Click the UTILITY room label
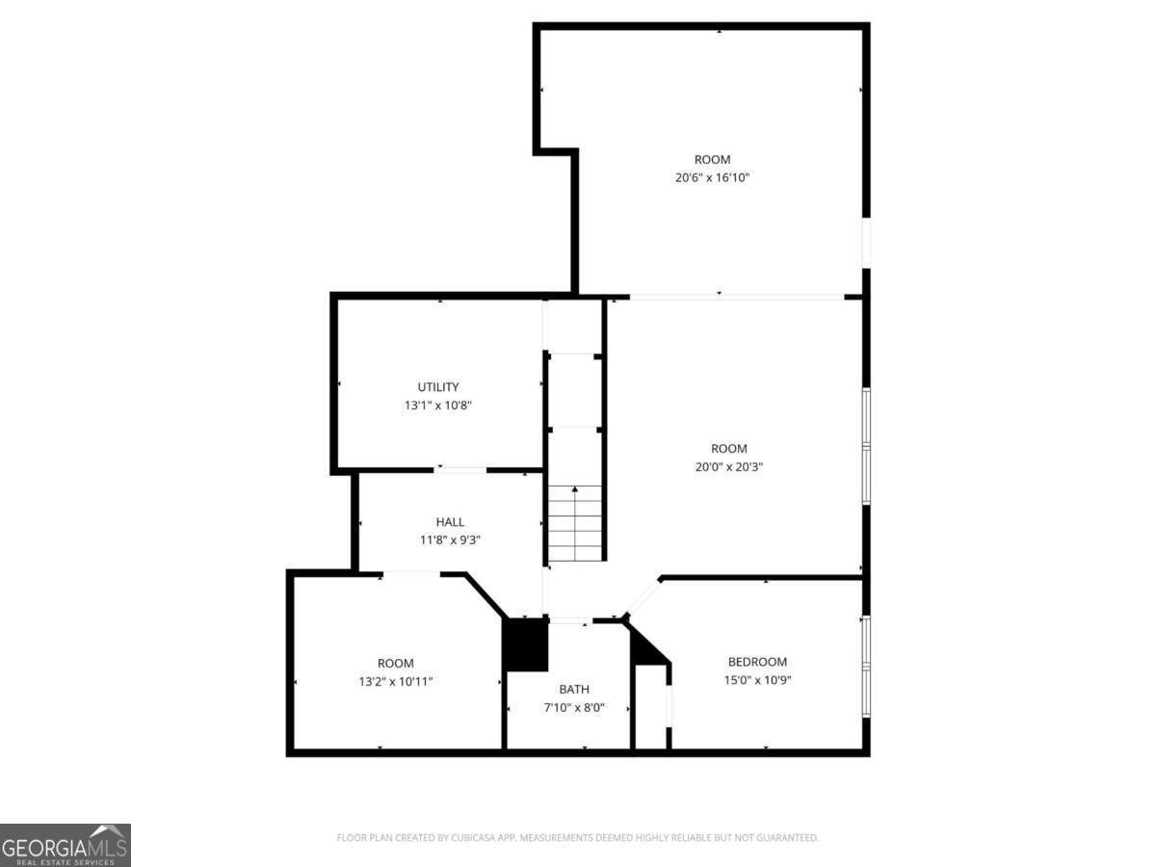437,387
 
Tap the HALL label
450,522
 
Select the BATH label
574,689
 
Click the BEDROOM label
757,662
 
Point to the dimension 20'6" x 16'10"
712,177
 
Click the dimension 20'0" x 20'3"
729,466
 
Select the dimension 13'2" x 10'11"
395,681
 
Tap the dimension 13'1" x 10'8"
437,406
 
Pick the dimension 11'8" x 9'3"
450,540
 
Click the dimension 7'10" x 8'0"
574,707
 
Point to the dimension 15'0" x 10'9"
757,680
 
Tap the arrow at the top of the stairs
575,490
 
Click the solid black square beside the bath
526,644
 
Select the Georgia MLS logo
65,845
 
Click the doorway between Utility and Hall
461,470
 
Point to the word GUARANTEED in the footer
787,838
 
